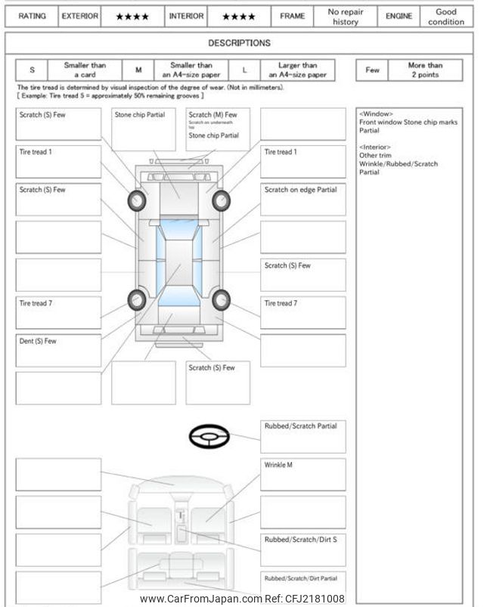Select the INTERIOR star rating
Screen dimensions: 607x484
[x=238, y=16]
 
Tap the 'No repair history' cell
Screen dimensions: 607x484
[x=346, y=16]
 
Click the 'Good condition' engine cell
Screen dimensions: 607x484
[x=446, y=16]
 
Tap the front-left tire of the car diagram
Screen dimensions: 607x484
[x=138, y=200]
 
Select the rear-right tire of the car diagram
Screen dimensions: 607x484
[x=222, y=300]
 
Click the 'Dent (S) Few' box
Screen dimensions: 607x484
[x=58, y=350]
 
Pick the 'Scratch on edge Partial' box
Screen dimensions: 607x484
[x=302, y=199]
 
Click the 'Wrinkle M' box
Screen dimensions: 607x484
[x=302, y=474]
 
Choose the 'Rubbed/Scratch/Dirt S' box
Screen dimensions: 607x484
[x=302, y=550]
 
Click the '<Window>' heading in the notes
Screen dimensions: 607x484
[x=376, y=113]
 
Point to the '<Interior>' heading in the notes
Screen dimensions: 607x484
[x=377, y=147]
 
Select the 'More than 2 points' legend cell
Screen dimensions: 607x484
[x=425, y=70]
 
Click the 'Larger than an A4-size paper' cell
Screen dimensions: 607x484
[x=298, y=70]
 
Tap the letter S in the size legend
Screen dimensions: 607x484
[x=32, y=70]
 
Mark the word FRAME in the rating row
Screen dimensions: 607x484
[x=292, y=16]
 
